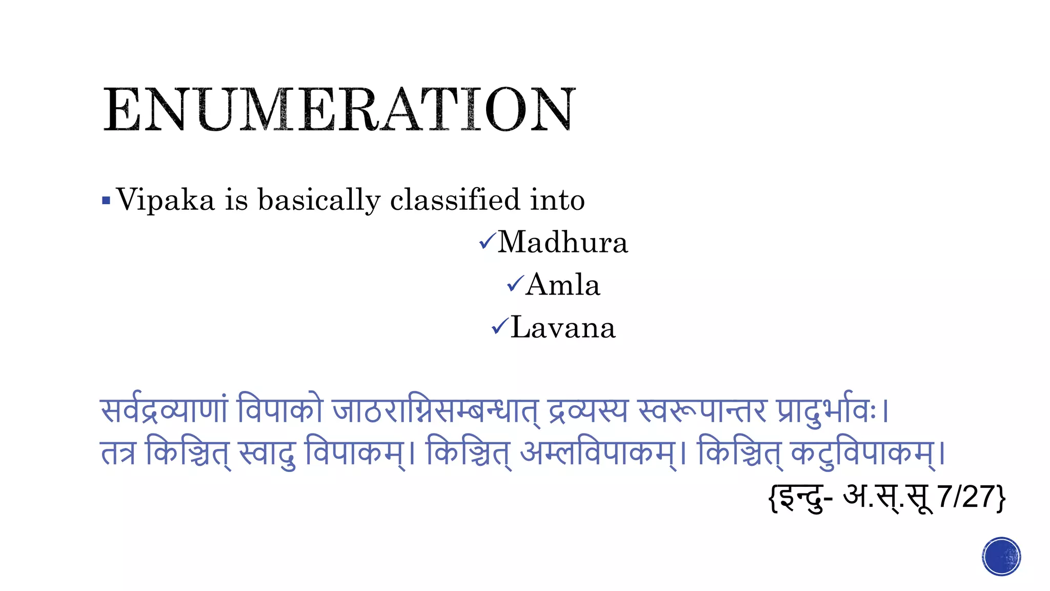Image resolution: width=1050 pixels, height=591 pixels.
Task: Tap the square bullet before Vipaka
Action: click(106, 200)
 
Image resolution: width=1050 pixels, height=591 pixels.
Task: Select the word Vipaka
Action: click(166, 200)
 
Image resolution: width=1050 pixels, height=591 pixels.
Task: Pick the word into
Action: click(557, 200)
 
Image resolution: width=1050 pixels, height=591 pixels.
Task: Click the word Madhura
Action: click(562, 242)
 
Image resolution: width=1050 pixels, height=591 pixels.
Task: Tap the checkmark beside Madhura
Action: click(487, 241)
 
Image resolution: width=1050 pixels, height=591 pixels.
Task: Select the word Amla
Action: click(562, 285)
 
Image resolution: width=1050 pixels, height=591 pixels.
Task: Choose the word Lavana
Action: click(563, 328)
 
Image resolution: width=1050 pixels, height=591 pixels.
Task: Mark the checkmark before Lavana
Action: click(500, 326)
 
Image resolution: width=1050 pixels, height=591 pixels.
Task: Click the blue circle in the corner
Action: click(1001, 557)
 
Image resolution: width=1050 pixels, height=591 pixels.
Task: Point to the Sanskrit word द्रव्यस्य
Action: click(588, 410)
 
